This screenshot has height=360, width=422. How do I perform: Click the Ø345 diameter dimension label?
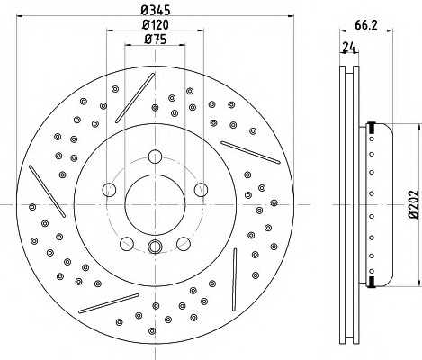[156, 10]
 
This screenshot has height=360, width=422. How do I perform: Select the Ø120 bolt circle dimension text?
[156, 24]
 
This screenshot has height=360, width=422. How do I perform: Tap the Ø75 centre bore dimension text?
[155, 40]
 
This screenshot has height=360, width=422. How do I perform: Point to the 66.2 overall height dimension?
[366, 25]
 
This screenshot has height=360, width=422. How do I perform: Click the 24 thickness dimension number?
[349, 48]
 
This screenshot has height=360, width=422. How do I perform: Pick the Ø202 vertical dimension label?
[414, 203]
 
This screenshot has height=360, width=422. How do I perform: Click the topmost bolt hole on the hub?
[155, 157]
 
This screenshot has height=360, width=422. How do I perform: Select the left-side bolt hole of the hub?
[109, 190]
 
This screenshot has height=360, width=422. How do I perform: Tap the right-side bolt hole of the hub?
[201, 190]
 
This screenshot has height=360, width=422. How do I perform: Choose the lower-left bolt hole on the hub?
[127, 244]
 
